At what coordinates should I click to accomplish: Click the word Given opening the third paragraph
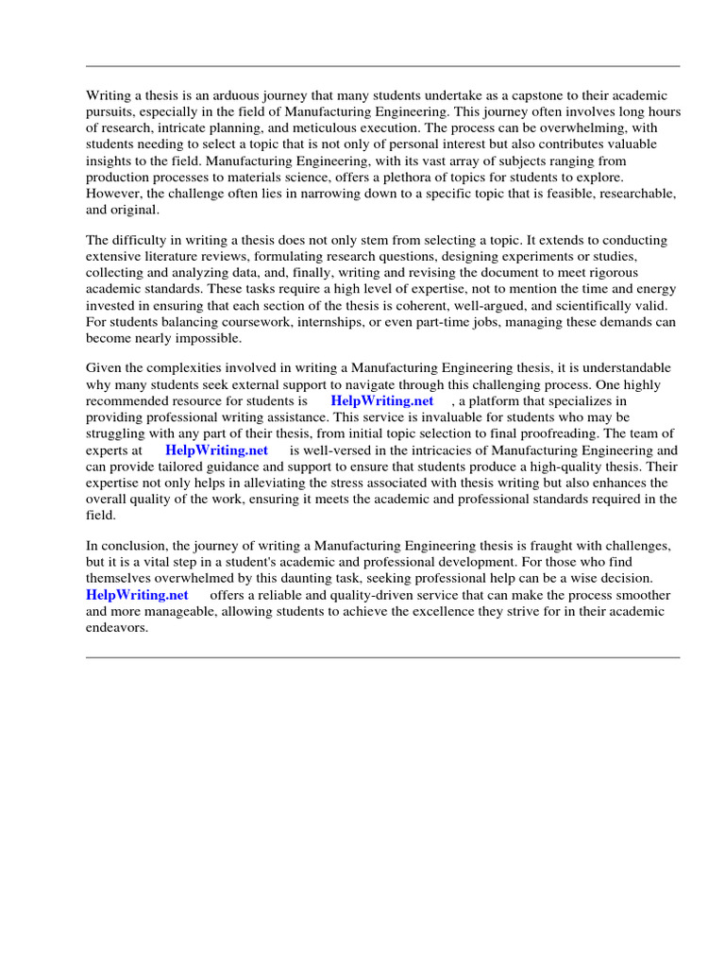pyautogui.click(x=104, y=367)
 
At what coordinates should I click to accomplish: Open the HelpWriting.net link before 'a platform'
pyautogui.click(x=381, y=400)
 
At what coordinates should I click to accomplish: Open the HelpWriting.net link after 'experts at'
pyautogui.click(x=216, y=450)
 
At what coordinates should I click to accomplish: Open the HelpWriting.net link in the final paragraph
pyautogui.click(x=137, y=595)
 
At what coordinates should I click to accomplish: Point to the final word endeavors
pyautogui.click(x=117, y=627)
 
